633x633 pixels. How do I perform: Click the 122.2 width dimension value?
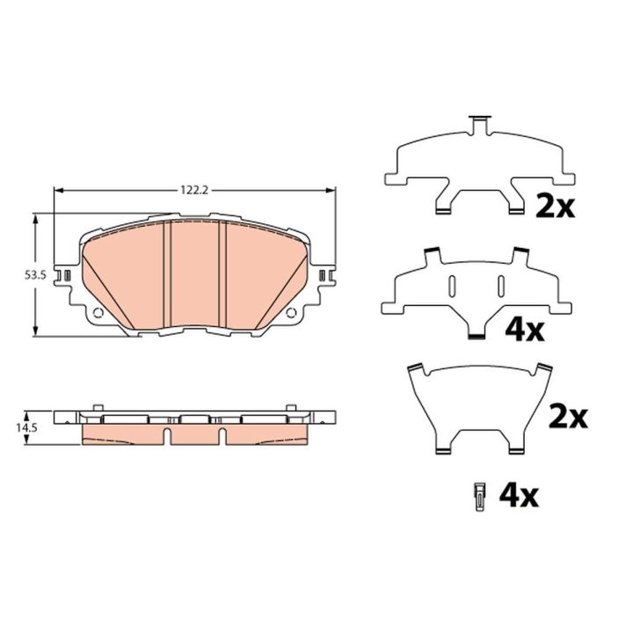[x=194, y=190]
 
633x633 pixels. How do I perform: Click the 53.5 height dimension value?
[x=36, y=275]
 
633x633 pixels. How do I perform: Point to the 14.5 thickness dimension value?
[x=26, y=428]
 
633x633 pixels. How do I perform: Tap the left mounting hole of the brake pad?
[x=98, y=312]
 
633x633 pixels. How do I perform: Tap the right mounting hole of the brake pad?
[x=291, y=312]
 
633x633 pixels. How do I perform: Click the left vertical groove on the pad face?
[x=167, y=274]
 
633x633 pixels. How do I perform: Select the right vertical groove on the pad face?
[x=222, y=274]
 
